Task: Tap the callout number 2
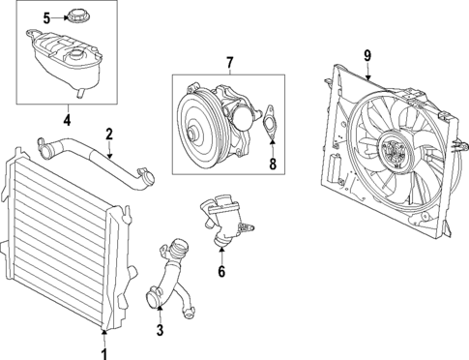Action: pos(109,134)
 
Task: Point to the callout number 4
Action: pos(67,120)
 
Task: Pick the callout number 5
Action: pos(45,17)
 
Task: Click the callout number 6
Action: pos(220,272)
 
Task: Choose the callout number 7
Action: pos(229,63)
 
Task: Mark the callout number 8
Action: pos(273,165)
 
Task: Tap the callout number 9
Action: pos(368,56)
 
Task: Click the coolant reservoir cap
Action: pos(76,16)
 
